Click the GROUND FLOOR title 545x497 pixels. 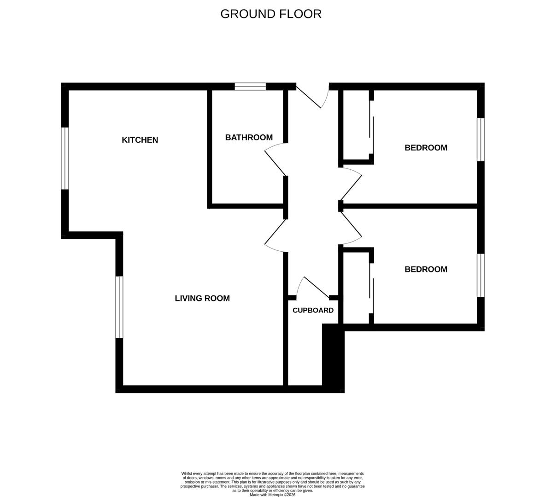[x=271, y=14]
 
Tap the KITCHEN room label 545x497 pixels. [x=140, y=140]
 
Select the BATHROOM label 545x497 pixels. [x=249, y=138]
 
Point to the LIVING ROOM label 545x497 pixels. [x=202, y=298]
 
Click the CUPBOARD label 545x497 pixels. [x=313, y=310]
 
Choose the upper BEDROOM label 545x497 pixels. [x=426, y=148]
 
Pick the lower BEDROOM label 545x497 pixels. [x=426, y=269]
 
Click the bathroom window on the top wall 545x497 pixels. [x=250, y=87]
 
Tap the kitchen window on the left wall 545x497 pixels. [x=65, y=158]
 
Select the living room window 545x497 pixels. [x=119, y=307]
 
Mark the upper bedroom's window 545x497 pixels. [x=481, y=139]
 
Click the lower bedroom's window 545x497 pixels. [x=481, y=275]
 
